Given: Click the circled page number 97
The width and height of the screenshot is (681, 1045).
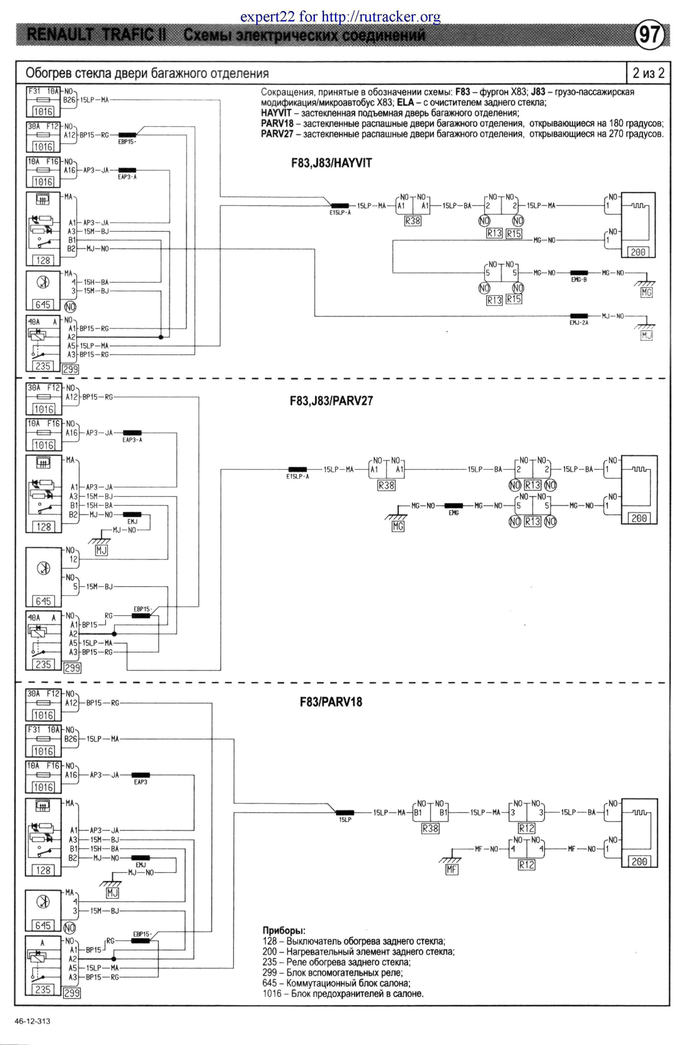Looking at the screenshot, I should pos(649,34).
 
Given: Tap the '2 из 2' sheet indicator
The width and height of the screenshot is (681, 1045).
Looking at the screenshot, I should pos(648,73).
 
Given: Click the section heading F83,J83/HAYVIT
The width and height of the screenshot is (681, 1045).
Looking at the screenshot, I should pos(331,163).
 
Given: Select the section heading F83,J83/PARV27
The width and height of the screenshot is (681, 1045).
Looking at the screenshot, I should pos(331,400).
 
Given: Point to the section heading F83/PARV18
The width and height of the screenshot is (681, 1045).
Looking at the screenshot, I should pos(331,702).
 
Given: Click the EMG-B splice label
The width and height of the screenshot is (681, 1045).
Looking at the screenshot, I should pos(578,280).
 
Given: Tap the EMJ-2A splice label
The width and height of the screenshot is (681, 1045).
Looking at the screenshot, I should pos(578,323).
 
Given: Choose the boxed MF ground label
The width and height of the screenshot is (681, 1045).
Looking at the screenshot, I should pos(452,869).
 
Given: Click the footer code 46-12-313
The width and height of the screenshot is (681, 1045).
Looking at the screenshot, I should pos(32,1021).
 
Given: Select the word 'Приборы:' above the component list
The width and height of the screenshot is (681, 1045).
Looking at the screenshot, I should pos(283,930).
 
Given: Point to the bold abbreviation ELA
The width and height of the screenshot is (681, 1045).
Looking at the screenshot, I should pos(405,103).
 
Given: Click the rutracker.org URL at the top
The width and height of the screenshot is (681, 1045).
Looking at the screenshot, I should pos(381,17).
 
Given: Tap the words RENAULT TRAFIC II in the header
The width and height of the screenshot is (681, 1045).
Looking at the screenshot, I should pos(97,35).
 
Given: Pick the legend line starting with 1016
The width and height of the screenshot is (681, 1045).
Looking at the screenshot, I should pos(343,994).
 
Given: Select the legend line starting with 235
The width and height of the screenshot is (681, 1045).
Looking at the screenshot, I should pos(336,962).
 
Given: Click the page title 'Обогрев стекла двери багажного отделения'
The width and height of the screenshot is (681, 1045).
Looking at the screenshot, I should pos(147,73).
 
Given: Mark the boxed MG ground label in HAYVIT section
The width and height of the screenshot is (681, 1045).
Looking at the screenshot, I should pos(646,293).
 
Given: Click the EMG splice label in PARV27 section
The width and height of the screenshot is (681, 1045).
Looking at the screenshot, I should pos(454,512).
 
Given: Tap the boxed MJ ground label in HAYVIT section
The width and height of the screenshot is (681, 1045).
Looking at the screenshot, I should pos(646,336).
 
